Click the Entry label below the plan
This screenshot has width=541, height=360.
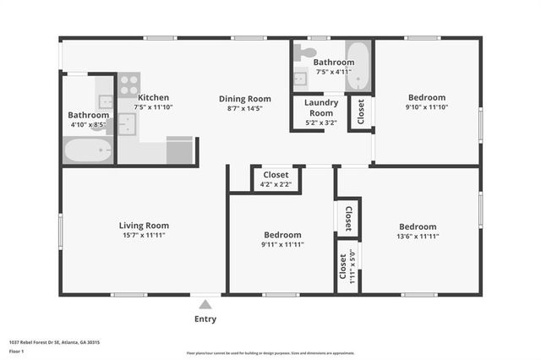coord(205,319)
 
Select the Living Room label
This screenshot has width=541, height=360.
coord(144,226)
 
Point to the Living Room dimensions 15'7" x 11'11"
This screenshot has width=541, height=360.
coord(144,236)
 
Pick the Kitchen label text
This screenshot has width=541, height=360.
coord(154,97)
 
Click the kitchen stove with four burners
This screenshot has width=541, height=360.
coord(129,84)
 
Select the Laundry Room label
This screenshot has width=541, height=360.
coord(321,108)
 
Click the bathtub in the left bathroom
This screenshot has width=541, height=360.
coord(88,151)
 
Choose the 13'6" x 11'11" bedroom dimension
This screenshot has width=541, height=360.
coord(418,237)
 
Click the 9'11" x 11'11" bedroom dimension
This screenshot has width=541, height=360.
coord(282,244)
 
